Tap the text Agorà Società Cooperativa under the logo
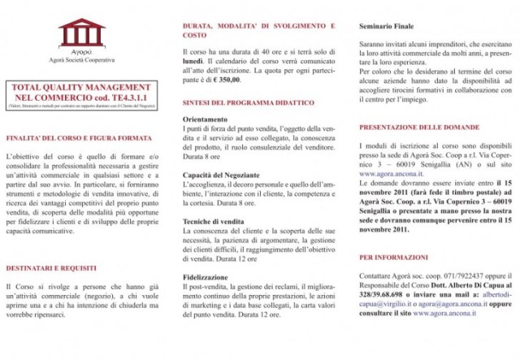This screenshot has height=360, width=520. pyautogui.click(x=81, y=60)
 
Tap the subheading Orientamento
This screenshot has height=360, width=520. pyautogui.click(x=205, y=119)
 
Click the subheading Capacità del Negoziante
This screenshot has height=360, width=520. pyautogui.click(x=221, y=175)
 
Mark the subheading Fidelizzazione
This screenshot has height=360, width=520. pyautogui.click(x=205, y=276)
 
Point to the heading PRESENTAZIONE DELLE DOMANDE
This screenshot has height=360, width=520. pyautogui.click(x=422, y=128)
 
